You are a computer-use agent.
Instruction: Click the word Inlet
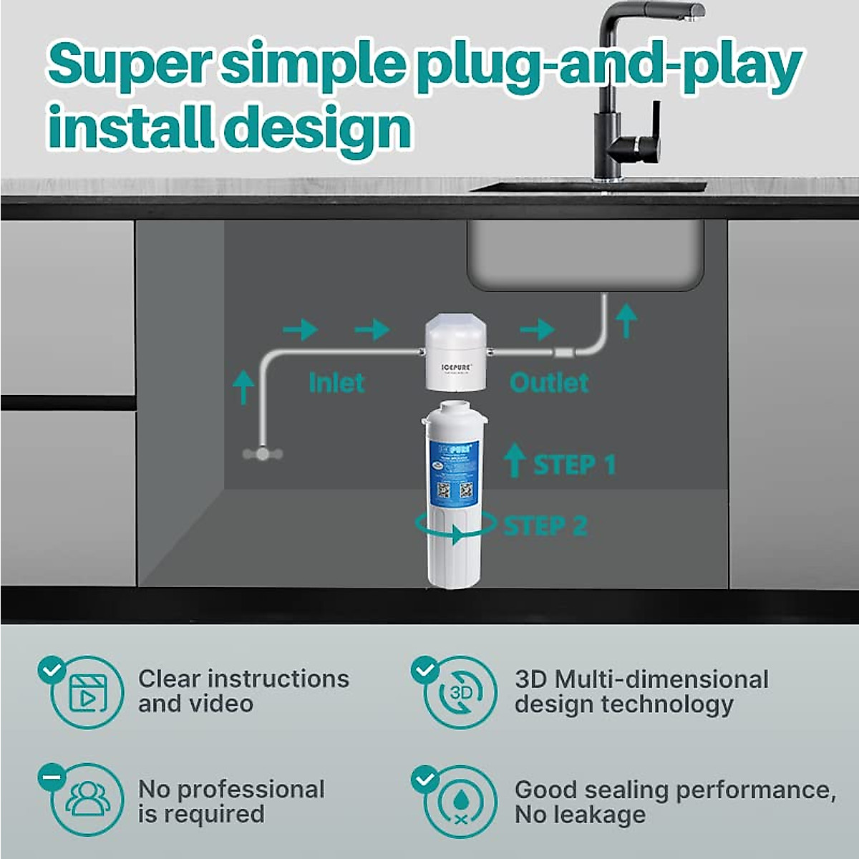tap(336, 382)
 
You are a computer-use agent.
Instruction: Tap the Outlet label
tap(549, 382)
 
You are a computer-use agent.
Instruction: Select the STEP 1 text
tap(574, 465)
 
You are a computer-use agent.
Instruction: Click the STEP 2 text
tap(545, 526)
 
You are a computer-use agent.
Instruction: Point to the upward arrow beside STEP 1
tap(514, 460)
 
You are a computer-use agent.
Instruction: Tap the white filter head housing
tap(456, 354)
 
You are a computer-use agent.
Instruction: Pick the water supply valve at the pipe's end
tap(263, 454)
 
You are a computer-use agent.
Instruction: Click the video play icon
tap(88, 693)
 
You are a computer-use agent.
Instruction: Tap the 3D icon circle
tap(460, 693)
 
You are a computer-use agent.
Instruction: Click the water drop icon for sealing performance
tap(460, 800)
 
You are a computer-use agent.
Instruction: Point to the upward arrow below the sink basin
tap(627, 320)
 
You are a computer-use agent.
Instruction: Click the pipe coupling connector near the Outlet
tap(563, 352)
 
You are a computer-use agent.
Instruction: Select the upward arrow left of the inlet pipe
tap(243, 387)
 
